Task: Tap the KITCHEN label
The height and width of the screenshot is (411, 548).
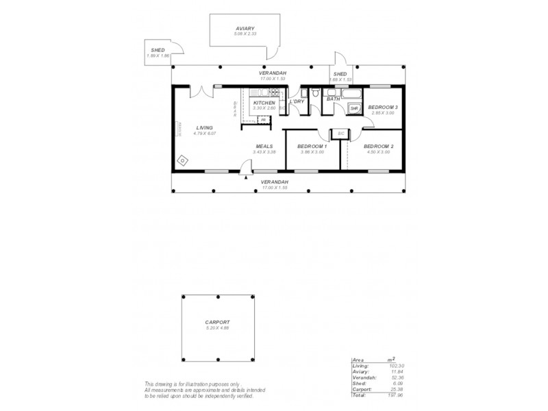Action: tap(264, 103)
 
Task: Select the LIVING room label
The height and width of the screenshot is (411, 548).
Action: tap(204, 127)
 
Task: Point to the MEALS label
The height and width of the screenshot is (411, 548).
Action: tap(265, 146)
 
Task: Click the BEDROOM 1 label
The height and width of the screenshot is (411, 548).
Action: tap(312, 147)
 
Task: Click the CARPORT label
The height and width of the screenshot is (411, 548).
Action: tap(216, 322)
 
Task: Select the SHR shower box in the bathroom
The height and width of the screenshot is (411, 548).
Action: tap(354, 109)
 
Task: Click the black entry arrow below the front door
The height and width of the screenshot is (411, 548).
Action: tap(245, 177)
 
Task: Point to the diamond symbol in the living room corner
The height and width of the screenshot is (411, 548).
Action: tap(182, 160)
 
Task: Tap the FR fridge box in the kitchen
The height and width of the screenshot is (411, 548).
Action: tap(263, 120)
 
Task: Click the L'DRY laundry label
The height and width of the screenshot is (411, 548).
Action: tap(297, 102)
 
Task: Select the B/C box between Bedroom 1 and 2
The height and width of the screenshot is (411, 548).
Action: tap(340, 134)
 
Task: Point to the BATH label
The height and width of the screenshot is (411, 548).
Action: tap(333, 99)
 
